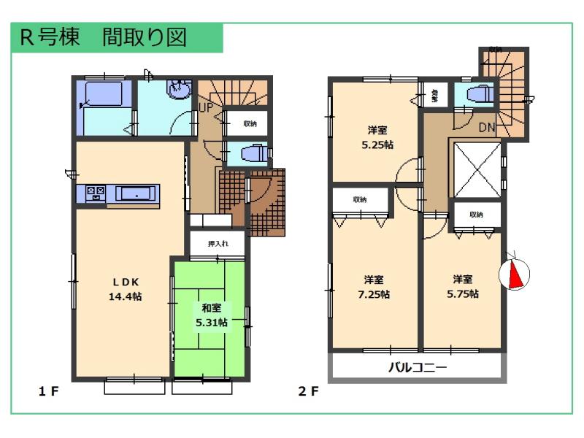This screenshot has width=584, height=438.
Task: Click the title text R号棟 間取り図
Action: pyautogui.click(x=104, y=38)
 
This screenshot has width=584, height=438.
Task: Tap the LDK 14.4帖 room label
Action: pyautogui.click(x=126, y=290)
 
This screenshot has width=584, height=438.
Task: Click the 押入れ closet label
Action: pyautogui.click(x=218, y=244)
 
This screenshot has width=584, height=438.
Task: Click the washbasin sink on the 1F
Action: pyautogui.click(x=178, y=90)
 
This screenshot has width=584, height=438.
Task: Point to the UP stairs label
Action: pyautogui.click(x=205, y=107)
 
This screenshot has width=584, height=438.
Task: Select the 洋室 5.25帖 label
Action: pyautogui.click(x=377, y=138)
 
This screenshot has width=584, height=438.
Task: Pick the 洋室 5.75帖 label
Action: pyautogui.click(x=463, y=286)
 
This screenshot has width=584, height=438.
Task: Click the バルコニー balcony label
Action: pyautogui.click(x=417, y=367)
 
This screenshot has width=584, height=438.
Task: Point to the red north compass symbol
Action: pyautogui.click(x=514, y=274)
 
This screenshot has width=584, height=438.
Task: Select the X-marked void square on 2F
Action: pyautogui.click(x=476, y=168)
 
